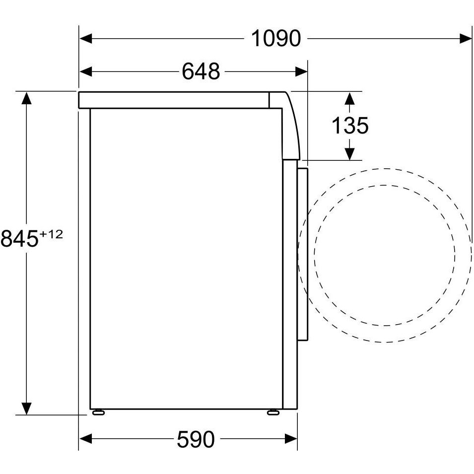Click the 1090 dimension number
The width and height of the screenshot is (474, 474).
tap(276, 38)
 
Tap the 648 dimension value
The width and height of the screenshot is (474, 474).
tap(201, 71)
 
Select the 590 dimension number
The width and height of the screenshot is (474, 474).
tap(196, 439)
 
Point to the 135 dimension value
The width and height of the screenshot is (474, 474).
tap(350, 125)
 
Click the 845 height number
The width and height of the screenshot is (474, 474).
tap(20, 239)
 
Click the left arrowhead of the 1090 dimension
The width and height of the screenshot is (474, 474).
tap(85, 39)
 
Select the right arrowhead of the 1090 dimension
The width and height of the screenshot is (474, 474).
tap(465, 39)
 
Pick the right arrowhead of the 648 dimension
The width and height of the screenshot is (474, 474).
tap(301, 71)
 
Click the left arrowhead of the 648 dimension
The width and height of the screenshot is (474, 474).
tap(85, 71)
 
